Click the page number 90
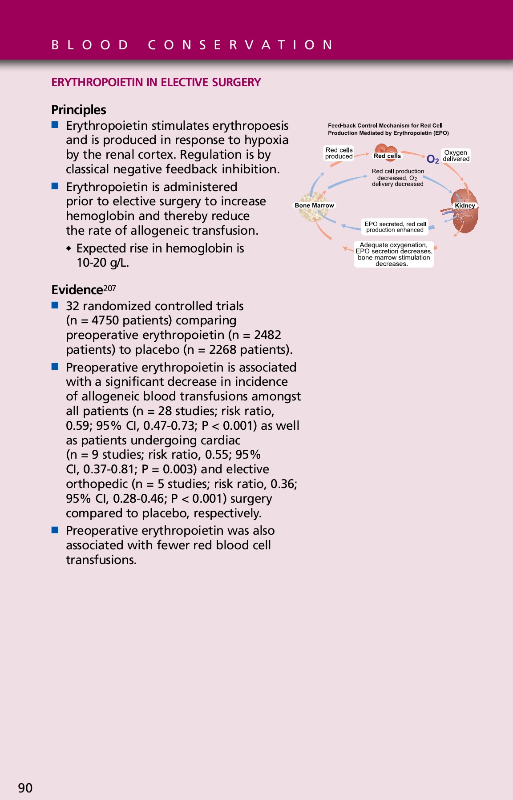(25, 788)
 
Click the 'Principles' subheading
(79, 110)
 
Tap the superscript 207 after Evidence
(109, 288)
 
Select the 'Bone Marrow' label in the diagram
(314, 205)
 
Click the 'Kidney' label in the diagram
(465, 205)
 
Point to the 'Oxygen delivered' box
(456, 156)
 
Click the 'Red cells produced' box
(339, 153)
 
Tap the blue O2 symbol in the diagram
(432, 159)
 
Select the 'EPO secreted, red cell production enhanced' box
(395, 227)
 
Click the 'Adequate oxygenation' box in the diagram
(394, 254)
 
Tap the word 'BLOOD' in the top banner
(90, 45)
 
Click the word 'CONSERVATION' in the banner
(241, 45)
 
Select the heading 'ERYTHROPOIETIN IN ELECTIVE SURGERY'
(156, 82)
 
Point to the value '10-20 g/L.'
(103, 263)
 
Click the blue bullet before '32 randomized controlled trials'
(55, 305)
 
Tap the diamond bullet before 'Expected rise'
(69, 248)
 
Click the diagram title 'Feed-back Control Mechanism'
(385, 125)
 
